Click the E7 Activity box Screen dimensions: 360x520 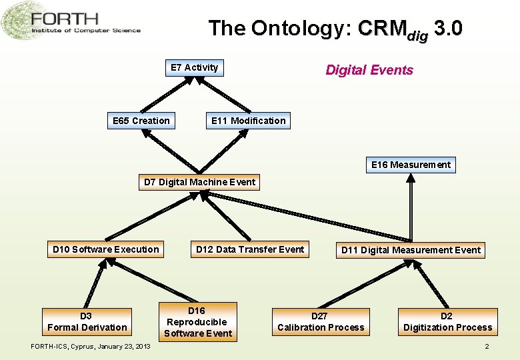coord(194,67)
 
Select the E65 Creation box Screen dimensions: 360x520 coord(141,121)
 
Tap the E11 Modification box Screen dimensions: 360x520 coord(248,121)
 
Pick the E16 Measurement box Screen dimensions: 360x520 coord(411,165)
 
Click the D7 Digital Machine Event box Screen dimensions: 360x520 coord(199,182)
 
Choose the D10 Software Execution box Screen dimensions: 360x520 coord(106,249)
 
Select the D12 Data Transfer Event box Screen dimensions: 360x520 coord(250,249)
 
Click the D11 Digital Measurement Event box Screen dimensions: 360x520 coord(411,250)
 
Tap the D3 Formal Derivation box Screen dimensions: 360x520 coord(87,321)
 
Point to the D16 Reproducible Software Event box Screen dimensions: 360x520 coord(197,322)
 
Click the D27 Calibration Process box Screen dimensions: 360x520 coord(321,321)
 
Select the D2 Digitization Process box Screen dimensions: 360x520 coord(447,321)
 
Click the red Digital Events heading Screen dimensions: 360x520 coord(369,70)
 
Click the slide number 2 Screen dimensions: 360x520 coord(487,347)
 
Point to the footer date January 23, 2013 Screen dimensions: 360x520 coord(123,347)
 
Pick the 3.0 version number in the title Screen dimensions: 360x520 coord(447,29)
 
